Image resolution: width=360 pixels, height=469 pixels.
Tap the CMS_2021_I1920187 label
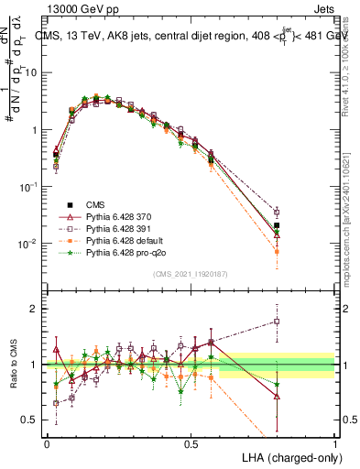[190, 274]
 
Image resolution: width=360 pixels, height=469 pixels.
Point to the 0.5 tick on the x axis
[191, 442]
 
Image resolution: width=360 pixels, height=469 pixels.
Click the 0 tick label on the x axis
[47, 442]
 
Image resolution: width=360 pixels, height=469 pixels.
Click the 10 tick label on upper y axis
[31, 71]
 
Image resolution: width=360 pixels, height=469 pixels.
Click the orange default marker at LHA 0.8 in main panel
[277, 251]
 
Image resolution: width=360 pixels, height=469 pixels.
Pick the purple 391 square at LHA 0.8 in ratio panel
[277, 322]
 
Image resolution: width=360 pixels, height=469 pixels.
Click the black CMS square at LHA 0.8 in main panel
[277, 225]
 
